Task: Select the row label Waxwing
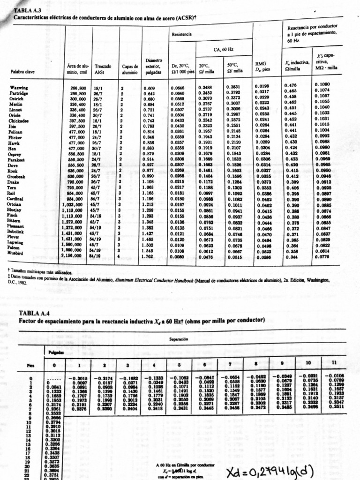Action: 19,88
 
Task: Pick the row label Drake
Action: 16,181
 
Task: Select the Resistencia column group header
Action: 181,34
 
